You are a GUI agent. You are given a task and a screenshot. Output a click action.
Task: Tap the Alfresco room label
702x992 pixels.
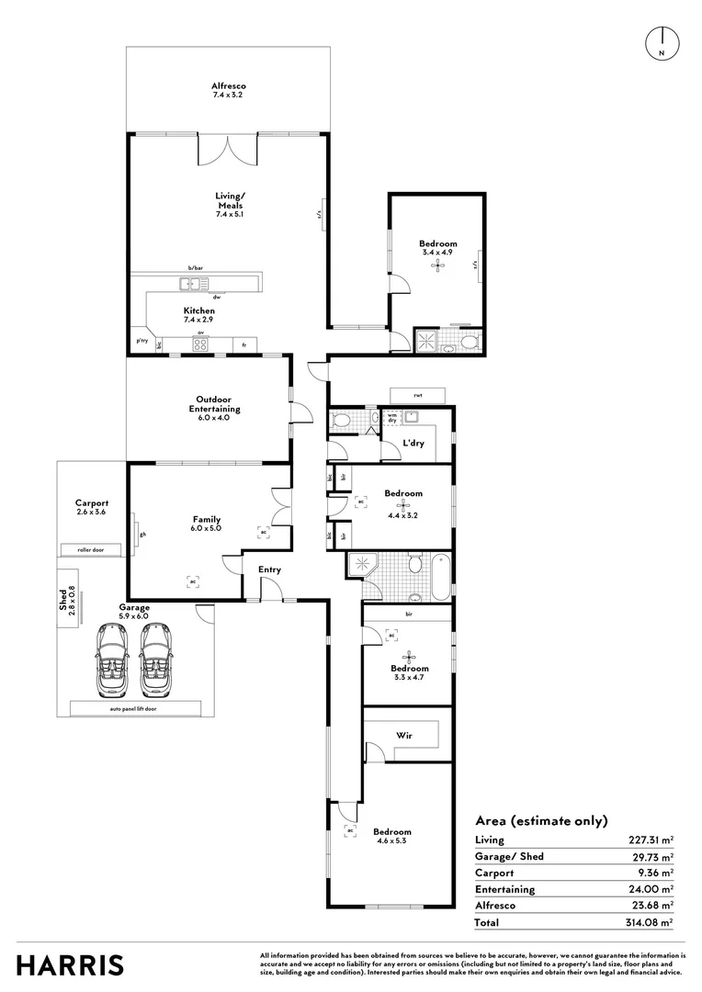[x=229, y=91]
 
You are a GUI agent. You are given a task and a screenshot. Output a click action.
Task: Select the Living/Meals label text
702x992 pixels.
[x=229, y=205]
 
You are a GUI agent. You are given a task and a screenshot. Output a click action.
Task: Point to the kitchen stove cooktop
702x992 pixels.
[x=200, y=344]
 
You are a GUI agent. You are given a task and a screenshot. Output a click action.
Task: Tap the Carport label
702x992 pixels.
[x=92, y=508]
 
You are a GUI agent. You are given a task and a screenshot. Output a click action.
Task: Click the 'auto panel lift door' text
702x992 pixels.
[x=134, y=709]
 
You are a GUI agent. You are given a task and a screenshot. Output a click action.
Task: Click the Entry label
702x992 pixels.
[x=269, y=569]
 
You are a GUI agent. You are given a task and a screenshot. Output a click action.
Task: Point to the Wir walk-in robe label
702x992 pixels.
[x=403, y=736]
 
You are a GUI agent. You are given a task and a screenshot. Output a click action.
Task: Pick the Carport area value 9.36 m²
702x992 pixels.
[x=656, y=873]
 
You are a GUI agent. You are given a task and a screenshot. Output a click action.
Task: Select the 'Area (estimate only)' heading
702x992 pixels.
[x=541, y=821]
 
